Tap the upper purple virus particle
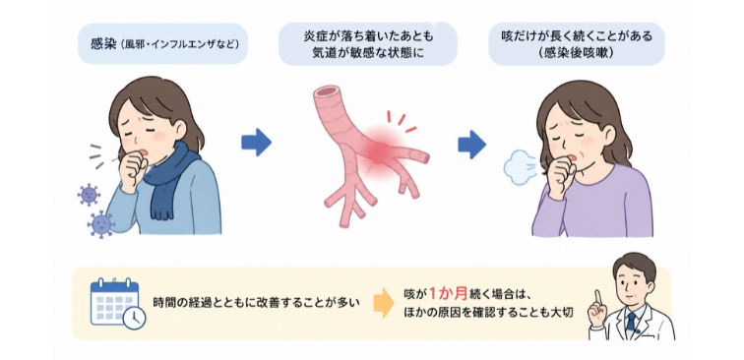coord(89,195)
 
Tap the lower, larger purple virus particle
coord(100,224)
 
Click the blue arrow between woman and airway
coord(256,142)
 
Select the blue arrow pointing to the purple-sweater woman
coord(471,145)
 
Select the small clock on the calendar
coord(134,318)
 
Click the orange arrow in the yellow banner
coord(384,304)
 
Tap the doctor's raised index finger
coord(598,299)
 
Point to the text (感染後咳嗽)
coord(577,53)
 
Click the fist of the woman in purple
coord(561,174)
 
